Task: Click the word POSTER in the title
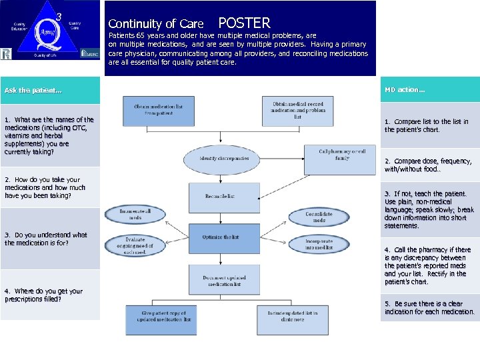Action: click(x=244, y=23)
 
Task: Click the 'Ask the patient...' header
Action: click(x=33, y=90)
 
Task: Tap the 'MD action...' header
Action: click(x=405, y=89)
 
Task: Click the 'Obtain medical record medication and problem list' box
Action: click(x=298, y=110)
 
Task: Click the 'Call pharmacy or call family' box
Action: click(x=342, y=155)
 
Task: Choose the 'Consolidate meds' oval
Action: click(x=319, y=217)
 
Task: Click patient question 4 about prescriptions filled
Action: click(x=44, y=295)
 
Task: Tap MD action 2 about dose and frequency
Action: click(x=427, y=165)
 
